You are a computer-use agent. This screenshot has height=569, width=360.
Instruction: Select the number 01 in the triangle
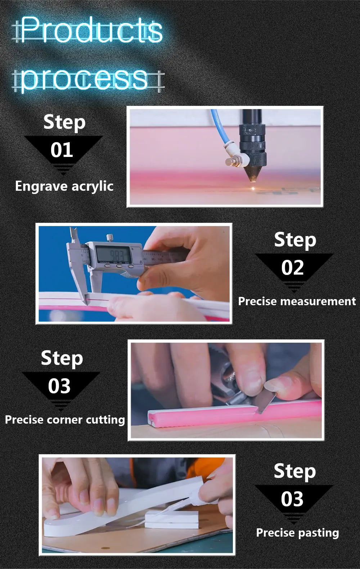pos(62,150)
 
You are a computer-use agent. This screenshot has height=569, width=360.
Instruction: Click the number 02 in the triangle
pos(292,267)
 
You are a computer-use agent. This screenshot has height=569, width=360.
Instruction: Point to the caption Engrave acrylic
pos(64,186)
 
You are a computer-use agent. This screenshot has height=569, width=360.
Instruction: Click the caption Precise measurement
pos(297,301)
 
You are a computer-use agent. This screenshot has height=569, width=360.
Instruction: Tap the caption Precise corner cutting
pos(65,420)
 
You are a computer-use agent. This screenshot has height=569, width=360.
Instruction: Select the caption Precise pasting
pos(297,533)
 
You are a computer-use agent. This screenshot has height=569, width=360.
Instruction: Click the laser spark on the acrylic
pos(253,188)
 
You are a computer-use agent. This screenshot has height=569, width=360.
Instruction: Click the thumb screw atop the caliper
pos(110,238)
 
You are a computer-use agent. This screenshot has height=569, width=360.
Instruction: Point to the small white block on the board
pos(171,519)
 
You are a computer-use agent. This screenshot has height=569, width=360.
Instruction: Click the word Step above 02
pos(295,240)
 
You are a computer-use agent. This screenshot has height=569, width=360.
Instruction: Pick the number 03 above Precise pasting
pos(292,499)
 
